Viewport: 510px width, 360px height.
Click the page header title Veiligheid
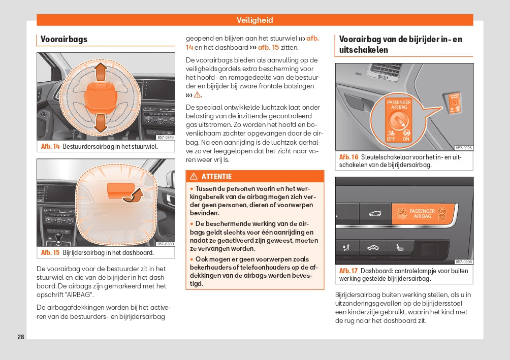254,20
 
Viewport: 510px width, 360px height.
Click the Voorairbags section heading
64,39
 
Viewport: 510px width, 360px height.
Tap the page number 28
21,337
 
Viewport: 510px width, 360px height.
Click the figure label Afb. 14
50,147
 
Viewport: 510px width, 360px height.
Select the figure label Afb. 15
50,252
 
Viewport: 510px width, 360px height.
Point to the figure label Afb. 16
348,157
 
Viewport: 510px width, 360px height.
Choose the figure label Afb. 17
348,271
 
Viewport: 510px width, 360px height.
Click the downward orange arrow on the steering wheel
100,122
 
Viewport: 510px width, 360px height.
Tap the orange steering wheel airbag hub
100,94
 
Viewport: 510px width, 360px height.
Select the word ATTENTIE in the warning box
216,177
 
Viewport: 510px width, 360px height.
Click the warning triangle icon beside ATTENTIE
194,177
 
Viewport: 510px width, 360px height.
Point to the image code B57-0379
165,138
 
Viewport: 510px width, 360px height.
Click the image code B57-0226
463,148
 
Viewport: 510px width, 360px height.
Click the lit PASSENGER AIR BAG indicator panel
423,213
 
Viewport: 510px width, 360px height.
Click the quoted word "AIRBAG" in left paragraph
79,294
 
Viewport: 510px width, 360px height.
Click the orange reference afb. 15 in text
268,47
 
